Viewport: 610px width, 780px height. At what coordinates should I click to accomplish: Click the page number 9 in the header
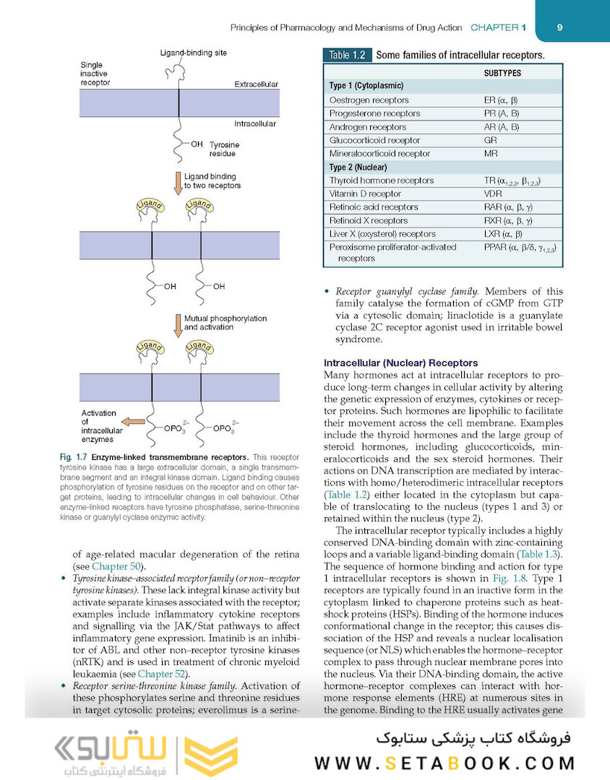(560, 27)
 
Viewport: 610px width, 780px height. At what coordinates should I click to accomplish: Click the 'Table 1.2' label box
(348, 55)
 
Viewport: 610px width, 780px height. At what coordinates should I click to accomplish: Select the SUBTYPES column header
(502, 73)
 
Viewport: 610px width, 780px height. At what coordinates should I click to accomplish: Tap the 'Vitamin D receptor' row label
(365, 194)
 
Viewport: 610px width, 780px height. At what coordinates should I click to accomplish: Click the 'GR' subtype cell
(490, 140)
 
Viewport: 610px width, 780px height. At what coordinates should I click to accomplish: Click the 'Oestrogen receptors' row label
(369, 100)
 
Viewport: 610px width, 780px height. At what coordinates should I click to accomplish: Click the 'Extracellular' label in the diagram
(256, 84)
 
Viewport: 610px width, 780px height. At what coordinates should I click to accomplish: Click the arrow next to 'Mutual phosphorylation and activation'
(176, 324)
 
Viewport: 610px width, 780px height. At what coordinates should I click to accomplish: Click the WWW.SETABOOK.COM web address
(444, 763)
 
